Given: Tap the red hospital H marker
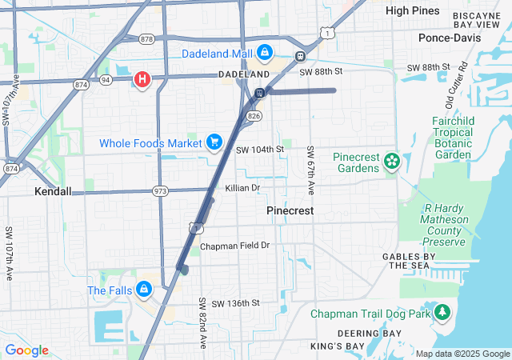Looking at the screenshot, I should (x=142, y=79).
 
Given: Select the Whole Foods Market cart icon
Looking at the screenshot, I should (x=214, y=142).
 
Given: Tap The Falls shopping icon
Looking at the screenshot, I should (x=144, y=290).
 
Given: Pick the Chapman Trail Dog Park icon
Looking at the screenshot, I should (x=442, y=314).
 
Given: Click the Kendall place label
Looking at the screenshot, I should (x=53, y=192).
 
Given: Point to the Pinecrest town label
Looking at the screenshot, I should (x=290, y=210).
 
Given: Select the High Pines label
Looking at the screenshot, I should (x=413, y=10).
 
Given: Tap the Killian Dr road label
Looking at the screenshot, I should (x=243, y=188).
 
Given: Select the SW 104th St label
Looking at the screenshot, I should (x=260, y=150).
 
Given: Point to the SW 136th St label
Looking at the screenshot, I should (x=230, y=302).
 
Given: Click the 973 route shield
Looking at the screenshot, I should (x=161, y=191).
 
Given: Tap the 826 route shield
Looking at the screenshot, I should (x=254, y=117).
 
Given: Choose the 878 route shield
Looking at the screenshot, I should (x=146, y=38).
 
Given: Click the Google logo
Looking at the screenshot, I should (x=26, y=350).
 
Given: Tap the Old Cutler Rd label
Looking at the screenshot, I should (x=456, y=84).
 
